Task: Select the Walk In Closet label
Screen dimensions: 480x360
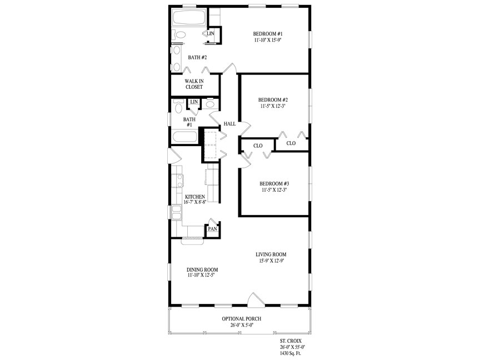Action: click(x=194, y=84)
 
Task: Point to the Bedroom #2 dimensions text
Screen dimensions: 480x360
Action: click(x=273, y=106)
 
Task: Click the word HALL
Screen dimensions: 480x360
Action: click(x=229, y=124)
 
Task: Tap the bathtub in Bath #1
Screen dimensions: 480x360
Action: click(x=184, y=137)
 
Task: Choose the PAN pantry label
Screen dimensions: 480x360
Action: click(x=212, y=229)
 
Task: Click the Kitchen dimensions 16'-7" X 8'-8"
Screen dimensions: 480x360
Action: click(x=195, y=202)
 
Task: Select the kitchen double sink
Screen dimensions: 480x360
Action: click(x=176, y=212)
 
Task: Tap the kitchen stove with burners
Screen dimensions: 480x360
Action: click(x=177, y=181)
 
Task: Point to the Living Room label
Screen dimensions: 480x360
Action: click(x=271, y=254)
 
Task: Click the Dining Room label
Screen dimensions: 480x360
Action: click(x=202, y=269)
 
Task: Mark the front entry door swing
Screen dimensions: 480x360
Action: click(x=256, y=299)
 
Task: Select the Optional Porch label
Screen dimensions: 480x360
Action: click(x=242, y=319)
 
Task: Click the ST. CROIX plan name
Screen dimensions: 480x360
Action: click(x=291, y=341)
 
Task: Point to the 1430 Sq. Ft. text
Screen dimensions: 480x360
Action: click(x=291, y=353)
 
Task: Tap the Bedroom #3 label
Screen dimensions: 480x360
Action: click(x=274, y=184)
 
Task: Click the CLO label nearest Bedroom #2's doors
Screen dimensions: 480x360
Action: click(x=291, y=143)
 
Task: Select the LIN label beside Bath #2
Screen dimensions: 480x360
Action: click(x=211, y=33)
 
